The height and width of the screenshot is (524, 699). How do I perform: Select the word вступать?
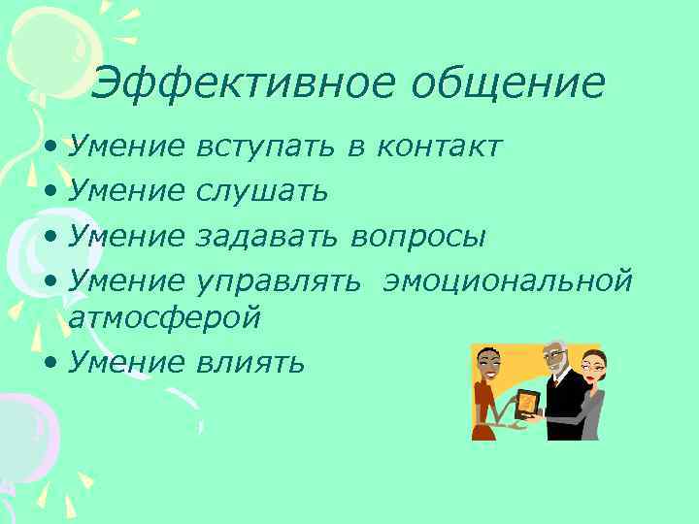point(266,147)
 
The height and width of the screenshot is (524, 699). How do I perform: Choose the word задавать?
point(267,237)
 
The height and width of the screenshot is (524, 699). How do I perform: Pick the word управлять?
point(279,281)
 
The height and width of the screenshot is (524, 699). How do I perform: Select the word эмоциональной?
point(509,281)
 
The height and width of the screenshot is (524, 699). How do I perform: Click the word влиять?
point(250,362)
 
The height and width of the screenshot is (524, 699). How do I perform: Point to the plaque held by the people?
point(528,401)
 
